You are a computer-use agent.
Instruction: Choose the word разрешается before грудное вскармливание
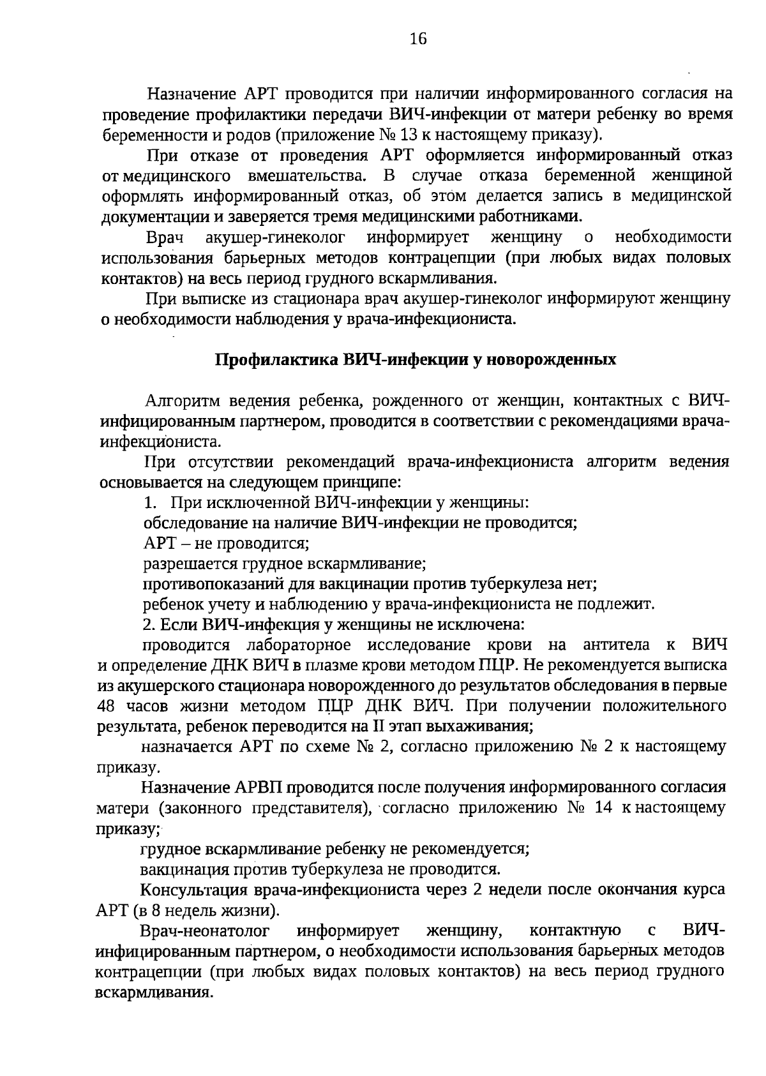pyautogui.click(x=190, y=563)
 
